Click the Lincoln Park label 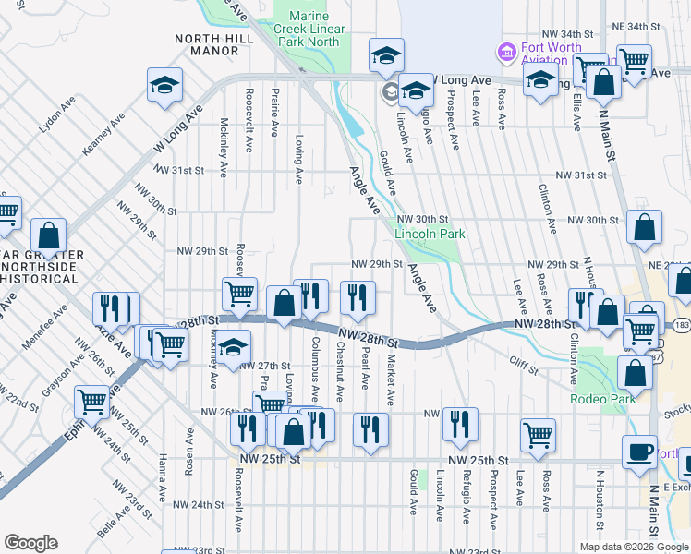tap(430, 235)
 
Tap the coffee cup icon tap(638, 451)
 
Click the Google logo tap(30, 542)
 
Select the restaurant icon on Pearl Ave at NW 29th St tap(357, 296)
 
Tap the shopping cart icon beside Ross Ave tap(537, 434)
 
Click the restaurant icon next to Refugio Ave tap(459, 424)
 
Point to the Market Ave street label tap(391, 380)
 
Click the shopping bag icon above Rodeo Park tap(635, 372)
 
